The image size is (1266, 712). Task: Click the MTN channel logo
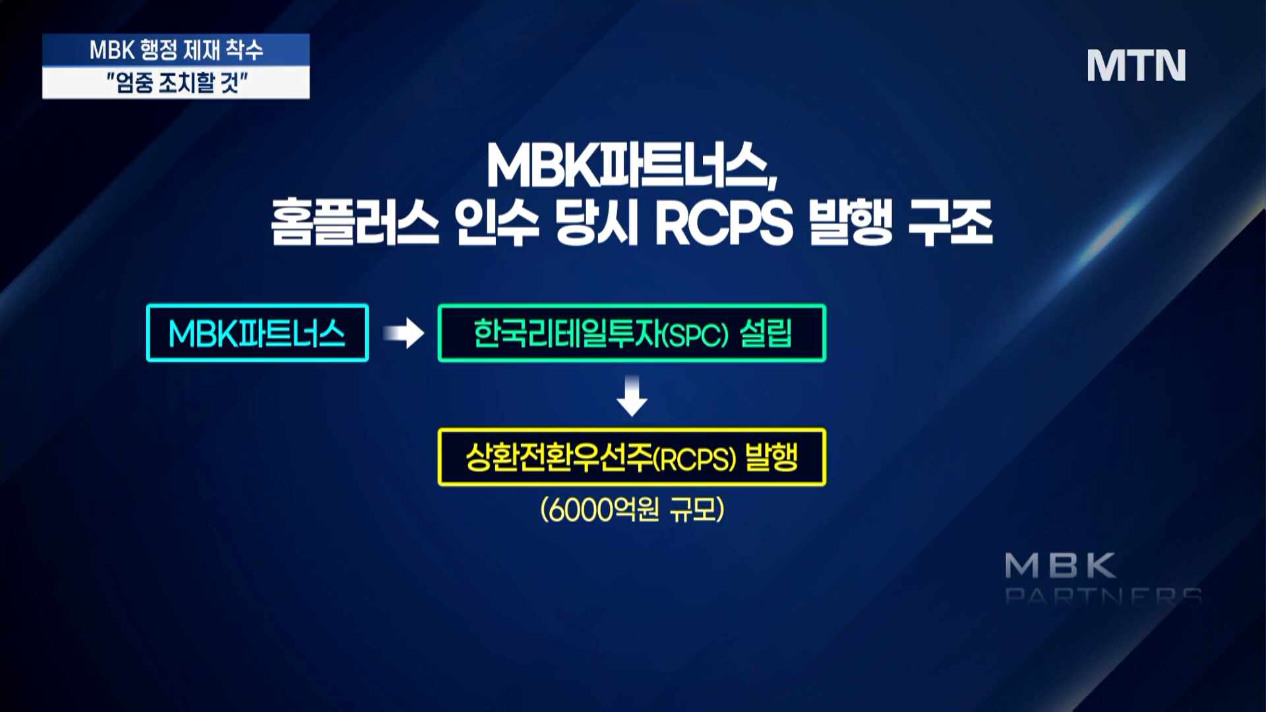click(1136, 65)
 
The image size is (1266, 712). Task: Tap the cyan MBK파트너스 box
click(257, 333)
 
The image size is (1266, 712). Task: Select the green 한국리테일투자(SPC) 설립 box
click(632, 333)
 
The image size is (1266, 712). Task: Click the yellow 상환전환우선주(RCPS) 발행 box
click(632, 458)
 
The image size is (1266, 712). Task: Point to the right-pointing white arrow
click(404, 333)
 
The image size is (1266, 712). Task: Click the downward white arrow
click(632, 396)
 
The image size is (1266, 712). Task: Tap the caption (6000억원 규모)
click(632, 509)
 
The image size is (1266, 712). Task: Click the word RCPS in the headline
click(723, 223)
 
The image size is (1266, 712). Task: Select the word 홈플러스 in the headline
click(355, 223)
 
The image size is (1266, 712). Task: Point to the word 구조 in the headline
click(950, 223)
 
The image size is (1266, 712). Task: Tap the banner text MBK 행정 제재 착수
click(176, 50)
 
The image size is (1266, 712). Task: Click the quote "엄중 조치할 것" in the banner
click(177, 83)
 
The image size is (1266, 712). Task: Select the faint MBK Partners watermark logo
click(1102, 578)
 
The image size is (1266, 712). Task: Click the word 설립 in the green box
click(766, 333)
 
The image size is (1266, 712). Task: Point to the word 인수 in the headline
click(497, 223)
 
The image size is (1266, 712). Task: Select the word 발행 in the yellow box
click(771, 457)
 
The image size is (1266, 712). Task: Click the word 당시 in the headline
click(597, 223)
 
